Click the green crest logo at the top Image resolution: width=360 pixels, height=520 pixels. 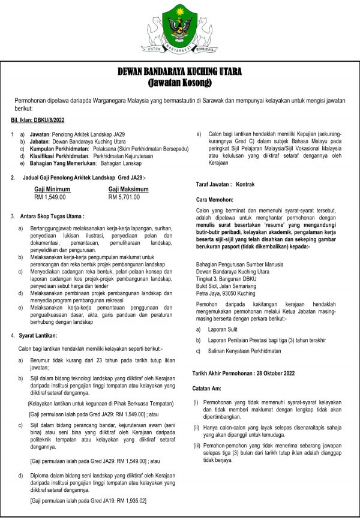[x=179, y=26]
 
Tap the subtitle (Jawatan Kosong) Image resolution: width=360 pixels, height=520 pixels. [x=180, y=82]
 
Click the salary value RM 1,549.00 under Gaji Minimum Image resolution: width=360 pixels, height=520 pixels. [x=50, y=197]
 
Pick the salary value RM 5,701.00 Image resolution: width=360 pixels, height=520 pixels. [x=124, y=197]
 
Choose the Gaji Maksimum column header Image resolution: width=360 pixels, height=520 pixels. [x=128, y=189]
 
